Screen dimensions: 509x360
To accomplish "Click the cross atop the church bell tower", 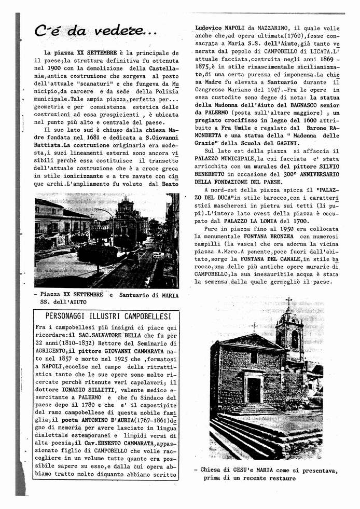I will pyautogui.click(x=289, y=301).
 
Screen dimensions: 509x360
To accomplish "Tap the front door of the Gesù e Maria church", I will pyautogui.click(x=254, y=389).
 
